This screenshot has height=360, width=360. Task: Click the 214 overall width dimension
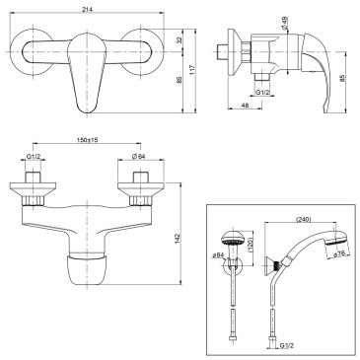[88, 10]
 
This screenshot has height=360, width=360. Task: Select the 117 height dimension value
[192, 70]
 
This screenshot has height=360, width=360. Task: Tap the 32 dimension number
[180, 40]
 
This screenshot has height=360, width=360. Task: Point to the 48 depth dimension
[245, 106]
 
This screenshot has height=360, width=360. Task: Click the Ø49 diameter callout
[285, 23]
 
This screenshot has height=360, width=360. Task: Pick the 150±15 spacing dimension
[88, 140]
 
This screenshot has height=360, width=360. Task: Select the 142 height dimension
[177, 238]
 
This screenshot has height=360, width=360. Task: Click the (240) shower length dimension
[304, 220]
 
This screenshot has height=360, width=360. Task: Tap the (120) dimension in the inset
[251, 246]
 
